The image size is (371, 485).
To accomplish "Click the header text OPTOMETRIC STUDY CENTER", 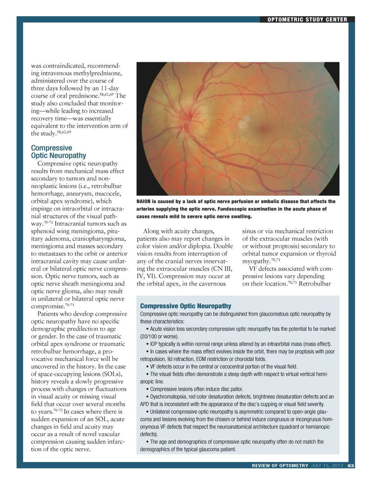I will coord(307,20).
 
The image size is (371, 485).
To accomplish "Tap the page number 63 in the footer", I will coord(351,466).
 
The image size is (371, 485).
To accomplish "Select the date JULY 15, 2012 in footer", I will coord(327,466).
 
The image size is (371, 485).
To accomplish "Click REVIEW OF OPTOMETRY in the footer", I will coord(280,466).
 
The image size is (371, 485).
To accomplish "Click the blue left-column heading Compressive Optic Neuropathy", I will coord(58,152).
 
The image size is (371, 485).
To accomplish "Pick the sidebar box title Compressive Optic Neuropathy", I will coord(185,306).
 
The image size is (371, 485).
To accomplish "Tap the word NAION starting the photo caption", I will coord(144,201).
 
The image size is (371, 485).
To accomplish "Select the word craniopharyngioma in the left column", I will coord(99,238).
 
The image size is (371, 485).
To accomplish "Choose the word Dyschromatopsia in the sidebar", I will coord(167,397).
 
